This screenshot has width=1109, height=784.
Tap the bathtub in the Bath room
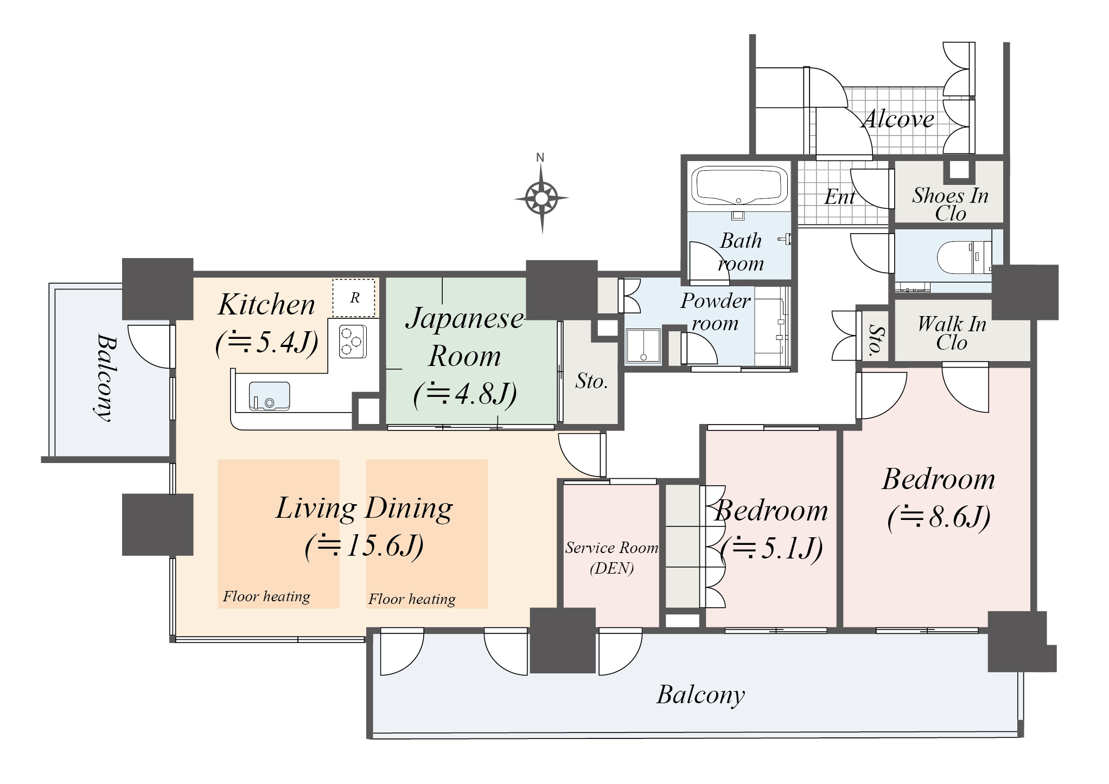tap(738, 186)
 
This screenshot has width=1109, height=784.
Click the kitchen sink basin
tap(269, 396)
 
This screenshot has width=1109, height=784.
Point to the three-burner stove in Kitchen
tap(353, 341)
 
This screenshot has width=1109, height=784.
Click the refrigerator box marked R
tap(354, 298)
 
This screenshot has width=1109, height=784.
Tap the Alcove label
tap(898, 119)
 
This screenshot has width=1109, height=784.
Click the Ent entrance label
tap(839, 197)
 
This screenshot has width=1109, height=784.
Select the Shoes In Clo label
tap(951, 204)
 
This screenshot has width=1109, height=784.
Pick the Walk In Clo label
tap(952, 333)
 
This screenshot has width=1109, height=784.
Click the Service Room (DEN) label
tap(612, 557)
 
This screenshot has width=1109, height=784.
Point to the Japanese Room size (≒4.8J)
tap(465, 394)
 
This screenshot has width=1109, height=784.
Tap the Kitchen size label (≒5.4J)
tap(267, 343)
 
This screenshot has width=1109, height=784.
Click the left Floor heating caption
tap(266, 596)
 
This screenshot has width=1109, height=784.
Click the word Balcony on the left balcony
tap(105, 377)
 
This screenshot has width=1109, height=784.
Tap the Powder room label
tap(716, 312)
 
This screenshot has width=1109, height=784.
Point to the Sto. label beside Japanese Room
tap(591, 381)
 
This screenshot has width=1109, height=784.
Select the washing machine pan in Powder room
tap(643, 345)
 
